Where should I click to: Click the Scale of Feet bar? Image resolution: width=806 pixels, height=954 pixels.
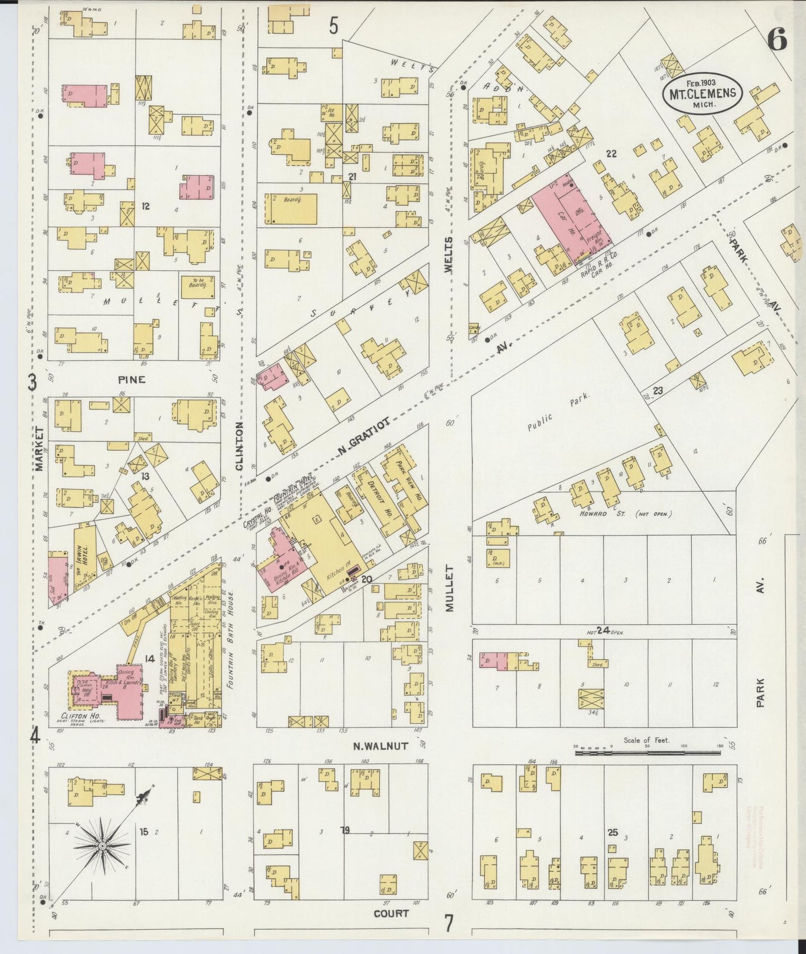[647, 753]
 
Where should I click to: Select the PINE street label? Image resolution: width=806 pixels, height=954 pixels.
[132, 380]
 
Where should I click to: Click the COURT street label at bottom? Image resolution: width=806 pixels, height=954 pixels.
[391, 913]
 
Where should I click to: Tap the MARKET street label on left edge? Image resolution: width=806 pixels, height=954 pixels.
[39, 449]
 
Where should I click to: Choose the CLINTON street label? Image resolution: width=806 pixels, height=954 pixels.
[240, 446]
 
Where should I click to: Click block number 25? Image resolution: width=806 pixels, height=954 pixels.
[613, 832]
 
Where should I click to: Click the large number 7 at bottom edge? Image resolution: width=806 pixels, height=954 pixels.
[448, 923]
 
